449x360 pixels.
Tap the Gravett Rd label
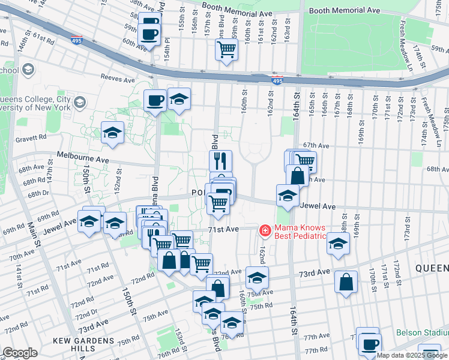(x=32, y=137)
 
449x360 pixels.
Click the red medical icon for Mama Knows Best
(x=264, y=230)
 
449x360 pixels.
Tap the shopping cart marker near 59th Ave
(x=226, y=51)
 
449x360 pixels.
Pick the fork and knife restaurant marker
(x=220, y=161)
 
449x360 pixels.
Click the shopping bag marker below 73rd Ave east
(x=346, y=284)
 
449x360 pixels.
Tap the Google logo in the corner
(x=20, y=353)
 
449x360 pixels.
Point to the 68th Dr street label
(x=37, y=193)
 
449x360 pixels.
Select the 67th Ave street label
(x=316, y=145)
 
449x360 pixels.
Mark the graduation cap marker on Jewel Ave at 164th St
(x=288, y=196)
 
